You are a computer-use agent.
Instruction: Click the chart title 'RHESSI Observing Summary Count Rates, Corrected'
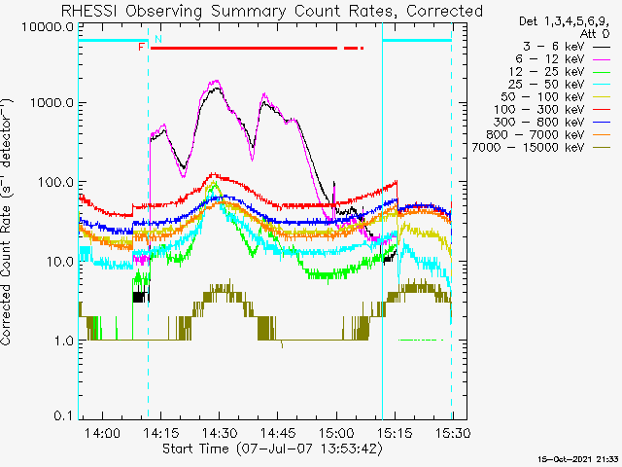click(272, 11)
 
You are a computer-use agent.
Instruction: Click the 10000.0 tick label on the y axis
click(48, 27)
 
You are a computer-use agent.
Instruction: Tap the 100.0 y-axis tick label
click(56, 183)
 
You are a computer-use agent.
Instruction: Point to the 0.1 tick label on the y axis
click(64, 415)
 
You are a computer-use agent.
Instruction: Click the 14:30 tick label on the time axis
click(220, 432)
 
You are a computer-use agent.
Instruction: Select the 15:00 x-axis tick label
click(336, 432)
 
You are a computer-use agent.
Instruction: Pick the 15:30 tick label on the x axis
click(453, 432)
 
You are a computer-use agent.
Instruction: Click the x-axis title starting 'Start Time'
click(272, 449)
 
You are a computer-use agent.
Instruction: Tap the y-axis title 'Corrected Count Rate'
click(6, 222)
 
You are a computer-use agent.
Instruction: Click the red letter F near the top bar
click(141, 48)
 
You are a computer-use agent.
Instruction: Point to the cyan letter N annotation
click(158, 39)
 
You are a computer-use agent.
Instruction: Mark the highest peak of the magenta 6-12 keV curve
click(216, 81)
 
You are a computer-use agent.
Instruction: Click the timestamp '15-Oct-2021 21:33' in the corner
click(580, 459)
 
